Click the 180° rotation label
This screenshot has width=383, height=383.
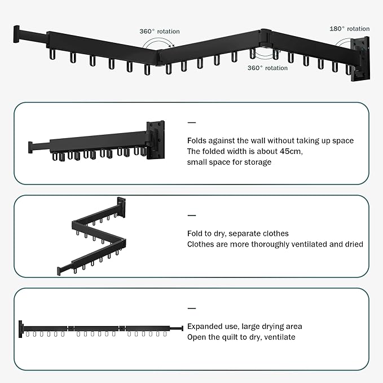click(349, 29)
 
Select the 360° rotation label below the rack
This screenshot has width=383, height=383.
click(267, 68)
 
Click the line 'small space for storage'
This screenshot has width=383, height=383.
click(229, 162)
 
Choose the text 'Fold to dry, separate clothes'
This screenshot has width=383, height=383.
click(237, 234)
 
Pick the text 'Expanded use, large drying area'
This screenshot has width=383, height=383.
click(244, 327)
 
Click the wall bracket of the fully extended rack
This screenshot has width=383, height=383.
click(22, 329)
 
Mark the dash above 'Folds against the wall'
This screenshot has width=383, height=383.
click(191, 122)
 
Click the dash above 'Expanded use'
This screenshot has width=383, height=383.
click(191, 309)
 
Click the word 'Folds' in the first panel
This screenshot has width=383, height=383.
click(197, 140)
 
